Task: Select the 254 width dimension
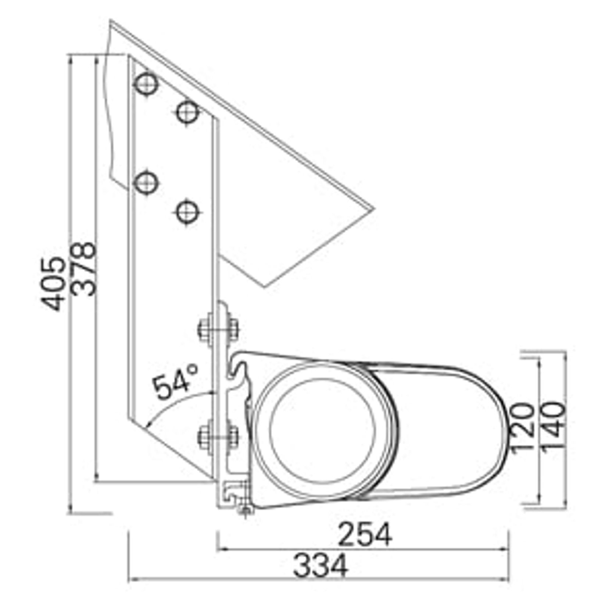(x=365, y=535)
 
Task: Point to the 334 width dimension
(x=320, y=565)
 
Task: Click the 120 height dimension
(x=521, y=427)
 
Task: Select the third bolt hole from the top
(x=146, y=182)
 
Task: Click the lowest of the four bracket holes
(x=187, y=212)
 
